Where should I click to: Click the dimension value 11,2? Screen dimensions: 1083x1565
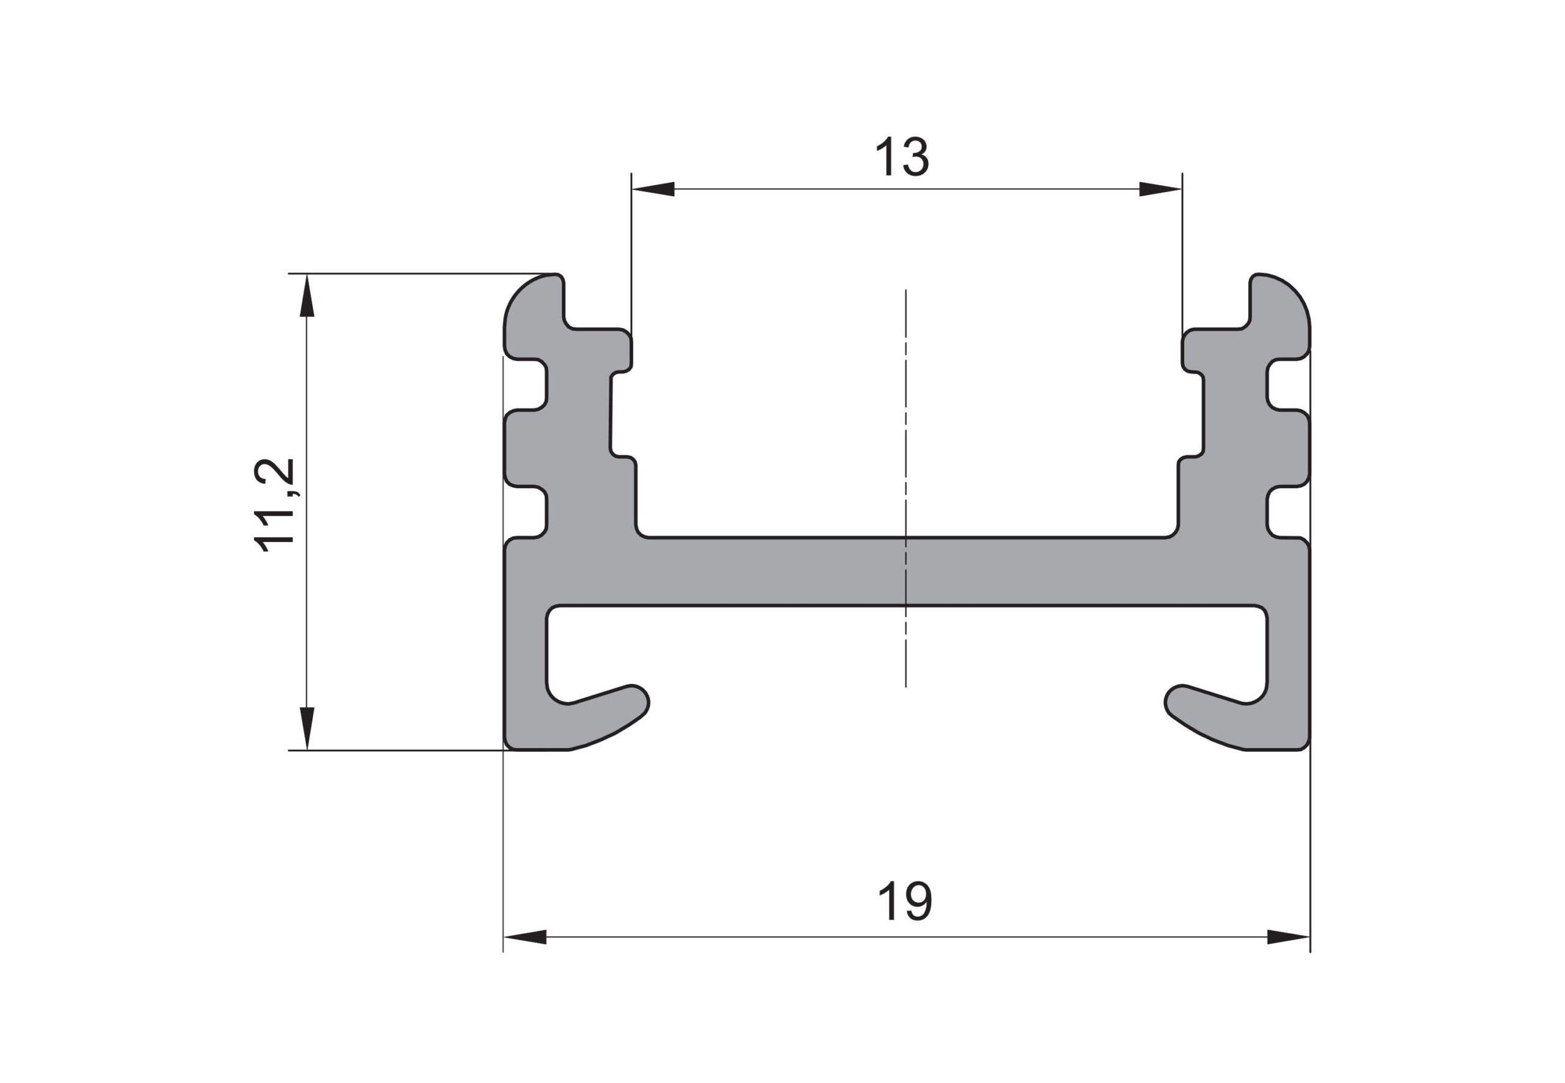click(x=275, y=505)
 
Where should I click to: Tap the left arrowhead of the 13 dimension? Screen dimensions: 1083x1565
click(x=653, y=189)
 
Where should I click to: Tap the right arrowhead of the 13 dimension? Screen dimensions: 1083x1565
click(x=1160, y=189)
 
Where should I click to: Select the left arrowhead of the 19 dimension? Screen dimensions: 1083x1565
click(x=525, y=937)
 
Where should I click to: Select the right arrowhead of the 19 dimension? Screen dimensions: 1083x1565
click(x=1287, y=937)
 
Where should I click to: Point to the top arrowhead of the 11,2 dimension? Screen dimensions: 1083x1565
click(x=307, y=295)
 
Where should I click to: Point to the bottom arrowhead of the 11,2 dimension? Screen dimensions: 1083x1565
click(x=307, y=728)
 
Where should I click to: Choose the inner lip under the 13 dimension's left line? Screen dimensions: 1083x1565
click(x=621, y=350)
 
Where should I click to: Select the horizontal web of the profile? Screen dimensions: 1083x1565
click(x=905, y=570)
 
